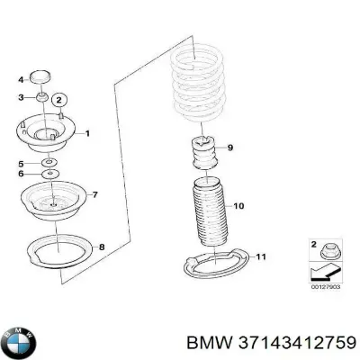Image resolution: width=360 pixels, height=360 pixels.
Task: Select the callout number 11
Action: coord(260,258)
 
